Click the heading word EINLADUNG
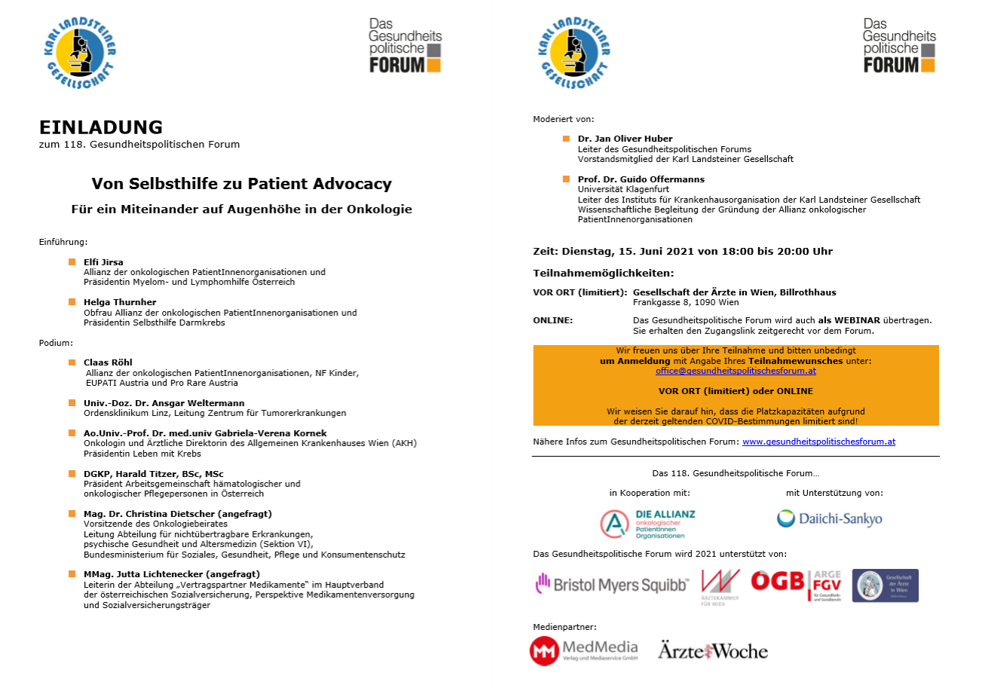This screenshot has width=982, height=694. click(x=101, y=127)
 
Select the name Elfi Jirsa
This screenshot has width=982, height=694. click(x=103, y=261)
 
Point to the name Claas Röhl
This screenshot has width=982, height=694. click(x=108, y=362)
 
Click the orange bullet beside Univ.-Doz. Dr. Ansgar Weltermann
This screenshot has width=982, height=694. click(x=72, y=402)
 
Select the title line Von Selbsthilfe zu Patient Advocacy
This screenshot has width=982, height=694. click(x=241, y=183)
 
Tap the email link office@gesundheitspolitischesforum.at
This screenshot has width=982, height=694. click(x=736, y=371)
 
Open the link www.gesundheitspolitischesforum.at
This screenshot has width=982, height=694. click(x=818, y=442)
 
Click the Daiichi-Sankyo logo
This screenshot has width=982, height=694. click(x=829, y=518)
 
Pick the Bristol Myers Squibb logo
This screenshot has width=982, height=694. click(x=612, y=583)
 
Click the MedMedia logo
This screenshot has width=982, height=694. click(x=583, y=650)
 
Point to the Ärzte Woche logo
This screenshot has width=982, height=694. click(x=712, y=650)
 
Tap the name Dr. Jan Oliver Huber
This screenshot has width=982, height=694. click(x=625, y=139)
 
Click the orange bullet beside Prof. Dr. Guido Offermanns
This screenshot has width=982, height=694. click(x=567, y=179)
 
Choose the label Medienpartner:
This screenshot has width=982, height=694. click(x=564, y=626)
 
